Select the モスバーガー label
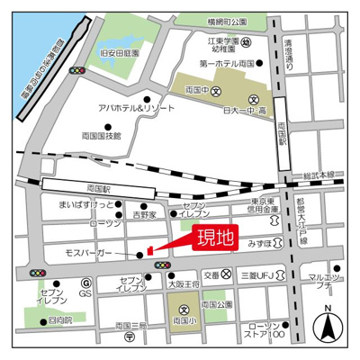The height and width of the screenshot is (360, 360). [88, 255]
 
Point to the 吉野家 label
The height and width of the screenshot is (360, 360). [145, 215]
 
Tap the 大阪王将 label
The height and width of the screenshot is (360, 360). [184, 283]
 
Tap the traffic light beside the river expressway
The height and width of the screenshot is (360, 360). [78, 70]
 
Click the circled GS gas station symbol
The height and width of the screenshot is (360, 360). [86, 293]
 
